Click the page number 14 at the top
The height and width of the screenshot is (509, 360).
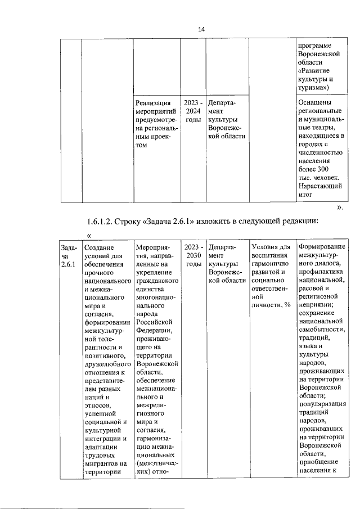click(201, 29)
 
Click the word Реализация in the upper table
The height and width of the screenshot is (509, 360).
click(153, 103)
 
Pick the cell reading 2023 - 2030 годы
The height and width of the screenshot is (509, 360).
click(193, 255)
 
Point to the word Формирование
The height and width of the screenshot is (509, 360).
click(323, 247)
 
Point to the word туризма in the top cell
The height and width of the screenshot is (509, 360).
click(314, 87)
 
